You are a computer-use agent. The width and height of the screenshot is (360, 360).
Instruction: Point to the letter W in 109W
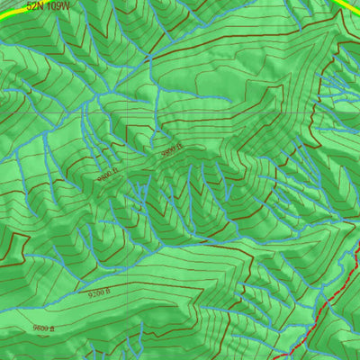click(x=65, y=5)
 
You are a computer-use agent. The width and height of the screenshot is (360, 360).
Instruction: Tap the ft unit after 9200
click(x=108, y=292)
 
